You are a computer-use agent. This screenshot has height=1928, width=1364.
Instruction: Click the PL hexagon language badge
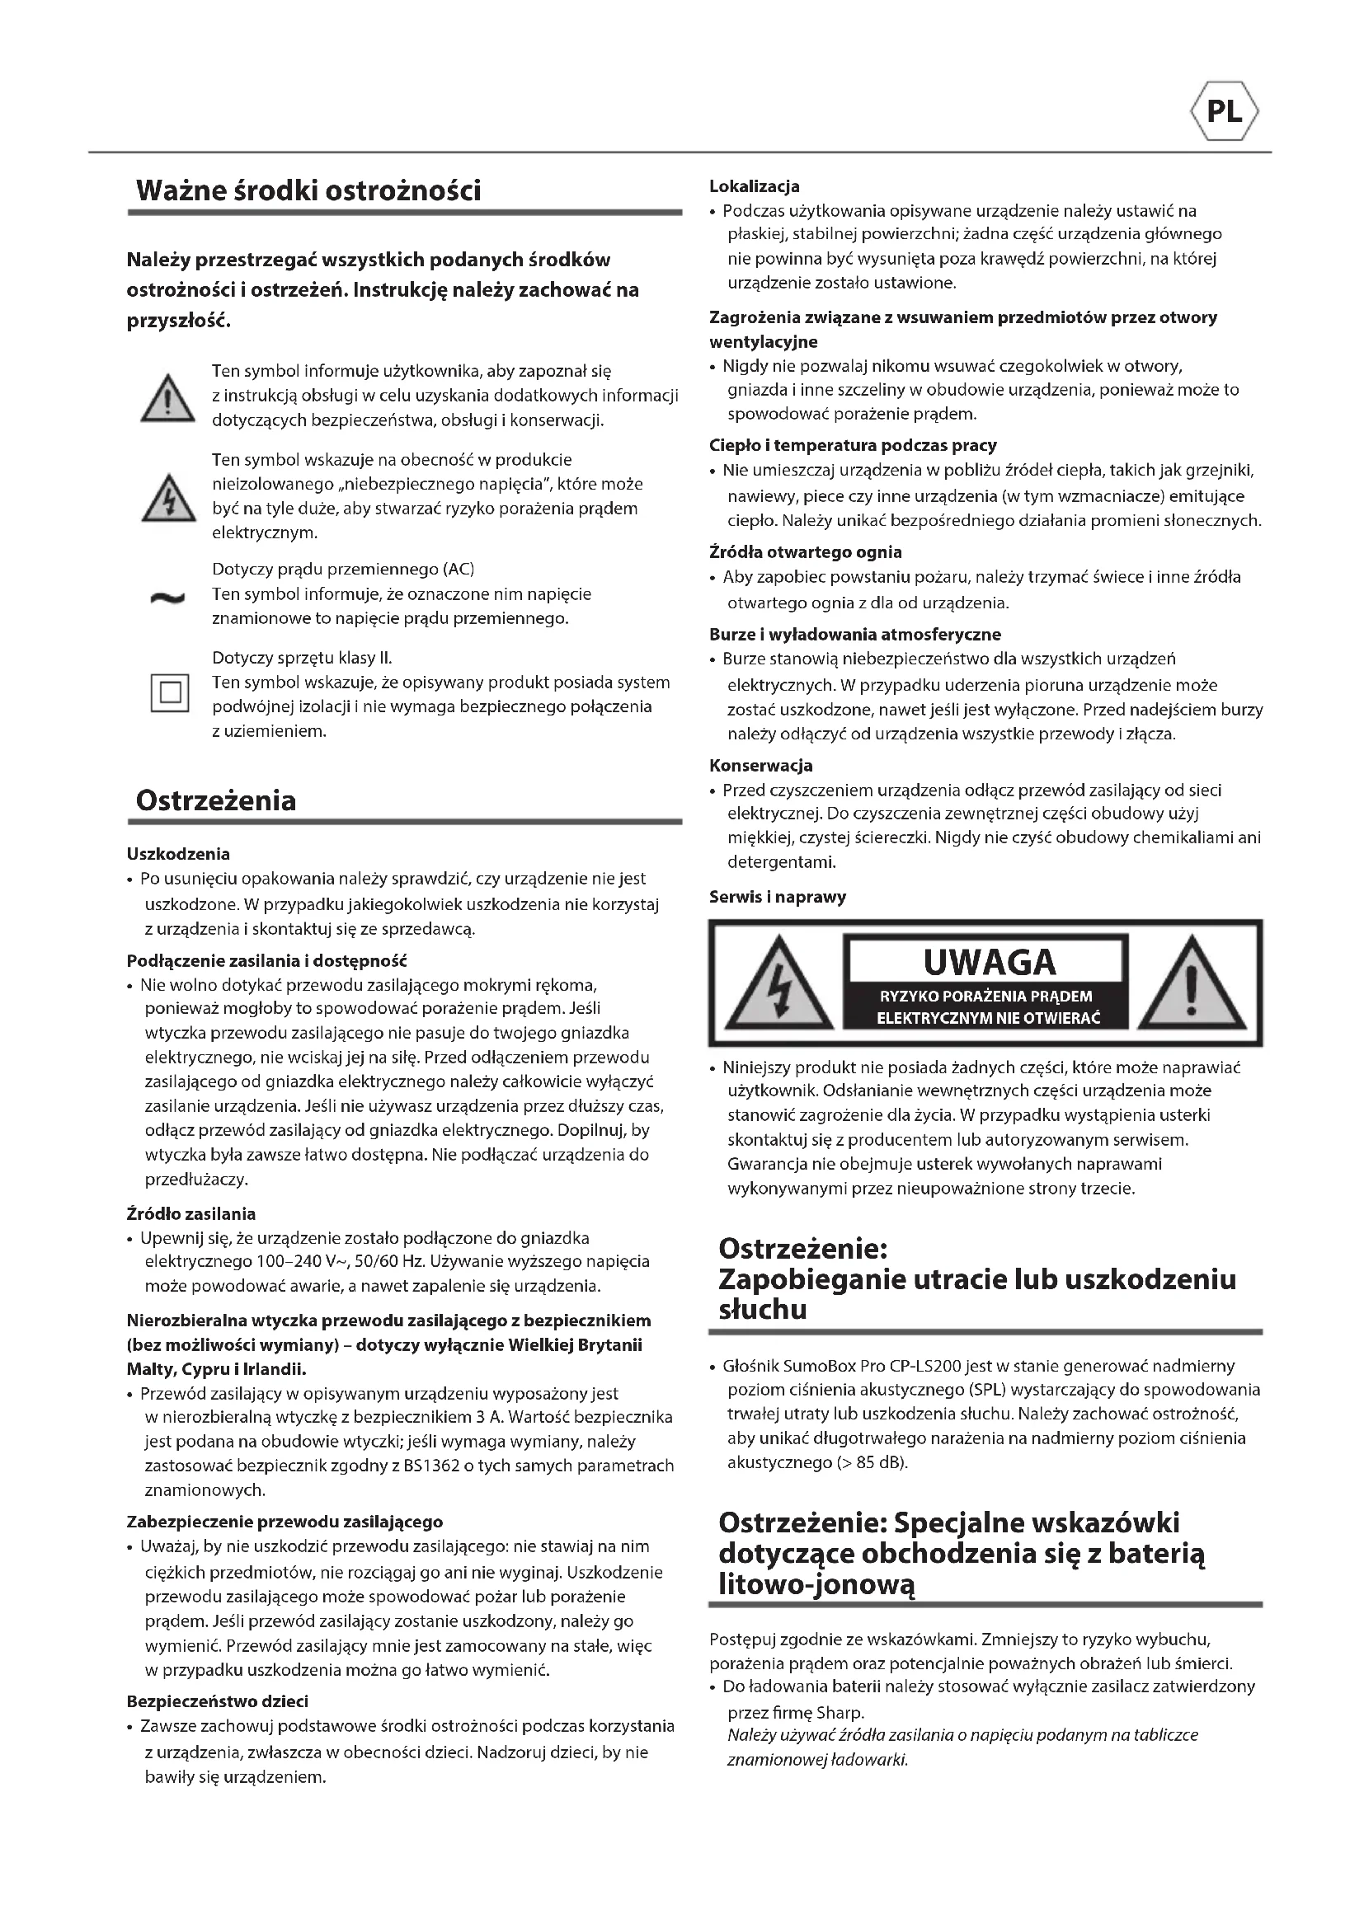click(1225, 110)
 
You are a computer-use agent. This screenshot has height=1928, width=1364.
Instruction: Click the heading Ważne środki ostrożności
click(308, 190)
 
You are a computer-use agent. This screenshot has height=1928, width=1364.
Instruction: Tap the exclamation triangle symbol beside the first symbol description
click(169, 399)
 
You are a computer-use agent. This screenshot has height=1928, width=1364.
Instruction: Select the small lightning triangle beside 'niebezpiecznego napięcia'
click(169, 499)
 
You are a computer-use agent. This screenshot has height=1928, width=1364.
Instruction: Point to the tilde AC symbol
click(167, 598)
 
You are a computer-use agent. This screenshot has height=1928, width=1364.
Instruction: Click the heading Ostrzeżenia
click(216, 800)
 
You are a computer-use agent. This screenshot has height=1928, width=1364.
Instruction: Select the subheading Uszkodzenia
click(178, 854)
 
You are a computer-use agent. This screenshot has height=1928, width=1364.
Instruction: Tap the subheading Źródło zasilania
click(190, 1213)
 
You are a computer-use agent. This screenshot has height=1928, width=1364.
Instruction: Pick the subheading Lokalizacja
click(755, 186)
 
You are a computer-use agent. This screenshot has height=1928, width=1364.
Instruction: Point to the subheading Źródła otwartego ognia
click(805, 552)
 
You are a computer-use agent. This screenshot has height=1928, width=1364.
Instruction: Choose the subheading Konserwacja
click(760, 766)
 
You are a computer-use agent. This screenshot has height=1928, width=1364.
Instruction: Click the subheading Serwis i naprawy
click(777, 897)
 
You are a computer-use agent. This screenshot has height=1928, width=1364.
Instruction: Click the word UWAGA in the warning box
click(989, 962)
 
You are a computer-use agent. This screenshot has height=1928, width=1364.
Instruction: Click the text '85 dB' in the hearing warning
click(878, 1462)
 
